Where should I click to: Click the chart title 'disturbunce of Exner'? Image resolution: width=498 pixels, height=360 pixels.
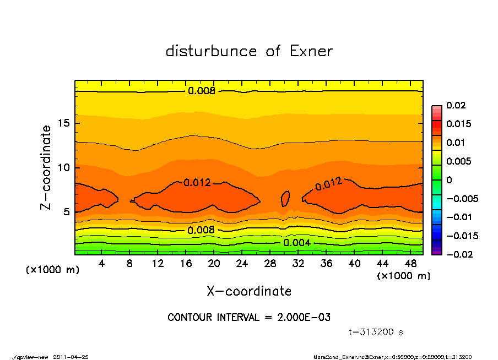pos(249,51)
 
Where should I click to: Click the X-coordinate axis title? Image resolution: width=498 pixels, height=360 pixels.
pos(249,291)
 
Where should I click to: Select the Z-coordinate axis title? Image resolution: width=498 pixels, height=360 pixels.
pos(46,167)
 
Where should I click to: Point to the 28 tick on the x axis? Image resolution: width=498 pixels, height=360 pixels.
pos(270,263)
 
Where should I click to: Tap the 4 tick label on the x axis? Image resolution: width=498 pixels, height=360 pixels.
pos(102,263)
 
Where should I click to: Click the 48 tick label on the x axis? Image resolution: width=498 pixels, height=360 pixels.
pos(410,263)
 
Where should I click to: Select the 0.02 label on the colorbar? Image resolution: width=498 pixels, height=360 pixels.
pos(457,105)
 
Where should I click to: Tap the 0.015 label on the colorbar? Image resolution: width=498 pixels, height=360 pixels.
pos(458,124)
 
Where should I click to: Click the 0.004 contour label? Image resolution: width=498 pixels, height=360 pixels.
pos(297,243)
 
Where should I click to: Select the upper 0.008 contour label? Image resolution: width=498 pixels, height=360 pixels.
pos(202,91)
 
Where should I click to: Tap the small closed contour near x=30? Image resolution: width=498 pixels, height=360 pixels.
pos(285,198)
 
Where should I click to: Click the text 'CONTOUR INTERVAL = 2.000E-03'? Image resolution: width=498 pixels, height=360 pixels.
pos(249,318)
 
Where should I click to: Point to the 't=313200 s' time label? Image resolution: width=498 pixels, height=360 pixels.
pos(377,332)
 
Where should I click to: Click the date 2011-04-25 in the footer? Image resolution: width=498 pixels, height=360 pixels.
pos(71,357)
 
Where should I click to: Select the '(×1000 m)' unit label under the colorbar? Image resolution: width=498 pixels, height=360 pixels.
pos(403,276)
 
